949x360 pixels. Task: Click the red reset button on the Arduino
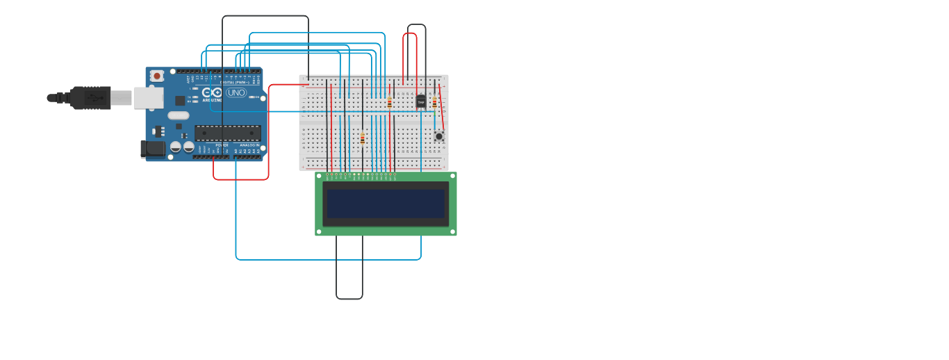coord(157,76)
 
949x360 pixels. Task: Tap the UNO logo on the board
coord(236,92)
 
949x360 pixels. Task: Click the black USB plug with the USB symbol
coord(90,98)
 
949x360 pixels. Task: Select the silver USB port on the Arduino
coord(149,98)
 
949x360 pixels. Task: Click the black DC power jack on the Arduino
coord(153,149)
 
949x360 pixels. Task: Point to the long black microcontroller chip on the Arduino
coord(227,133)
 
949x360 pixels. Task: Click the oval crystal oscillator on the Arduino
coord(179,115)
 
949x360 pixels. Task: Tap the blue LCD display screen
coord(386,204)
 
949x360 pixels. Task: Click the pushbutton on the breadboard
coord(439,136)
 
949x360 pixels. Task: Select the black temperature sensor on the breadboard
coord(421,102)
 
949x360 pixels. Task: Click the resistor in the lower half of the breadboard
coord(363,139)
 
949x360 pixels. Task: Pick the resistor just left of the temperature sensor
coord(390,102)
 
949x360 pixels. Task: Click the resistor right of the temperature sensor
coord(435,102)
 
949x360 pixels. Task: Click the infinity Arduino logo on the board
coord(212,92)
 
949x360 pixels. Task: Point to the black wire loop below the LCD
coord(349,298)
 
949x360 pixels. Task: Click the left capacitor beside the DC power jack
coord(176,147)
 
